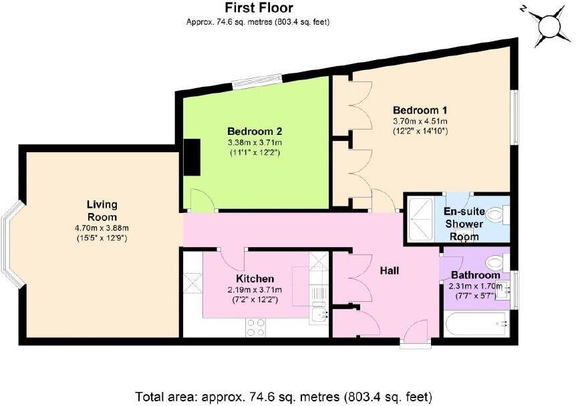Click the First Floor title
[258, 8]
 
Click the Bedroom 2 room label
[255, 131]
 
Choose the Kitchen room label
[255, 278]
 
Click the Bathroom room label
[474, 275]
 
